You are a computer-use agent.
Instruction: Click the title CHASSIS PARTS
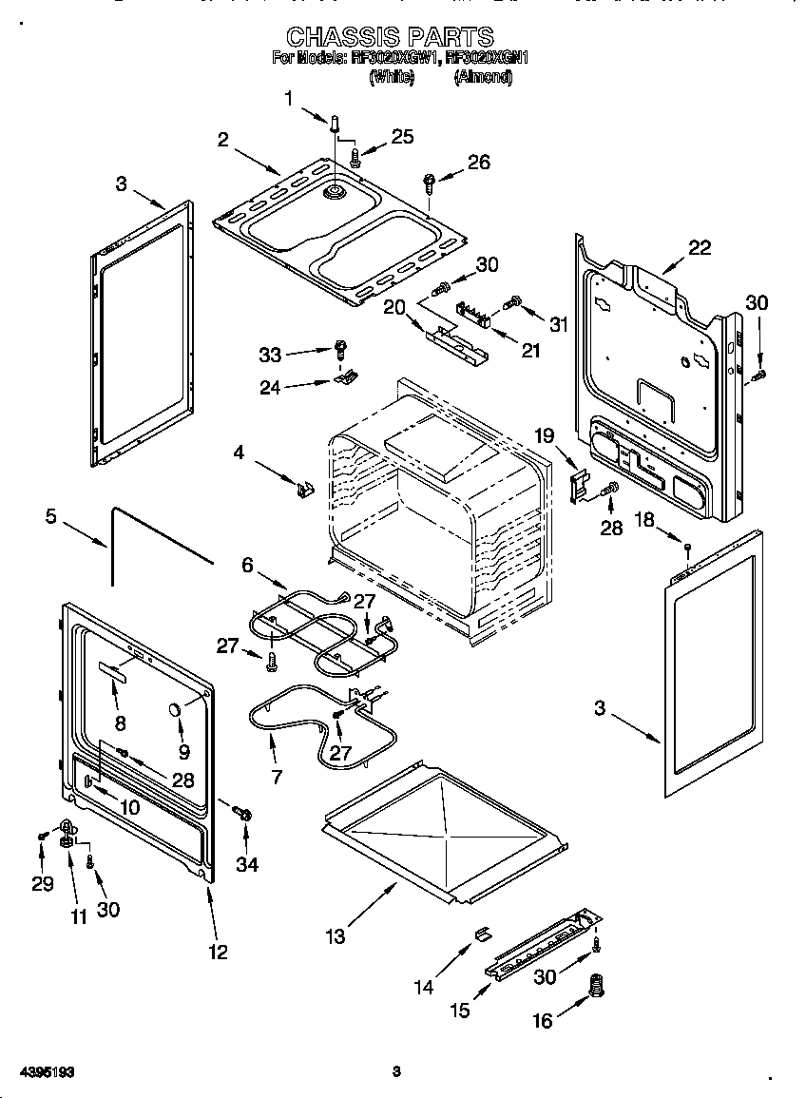click(390, 37)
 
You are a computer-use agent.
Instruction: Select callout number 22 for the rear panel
click(699, 247)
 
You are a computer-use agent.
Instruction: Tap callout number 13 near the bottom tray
click(336, 936)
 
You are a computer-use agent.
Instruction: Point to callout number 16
click(542, 1021)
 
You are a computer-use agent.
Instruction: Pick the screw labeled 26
click(430, 181)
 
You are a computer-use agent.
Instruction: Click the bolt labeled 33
click(339, 348)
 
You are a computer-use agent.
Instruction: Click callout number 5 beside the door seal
click(50, 517)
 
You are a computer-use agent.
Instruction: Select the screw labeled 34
click(243, 813)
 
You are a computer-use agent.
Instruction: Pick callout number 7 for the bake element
click(277, 776)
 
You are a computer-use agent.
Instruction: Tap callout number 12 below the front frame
click(218, 951)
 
